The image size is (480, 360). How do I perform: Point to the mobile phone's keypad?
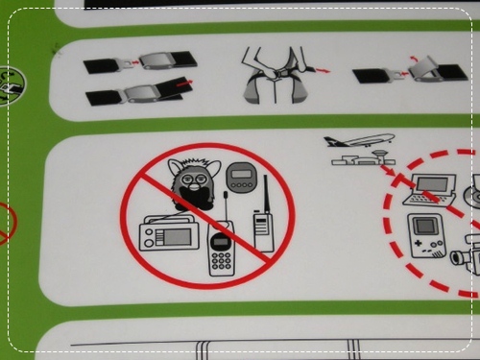(221, 262)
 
